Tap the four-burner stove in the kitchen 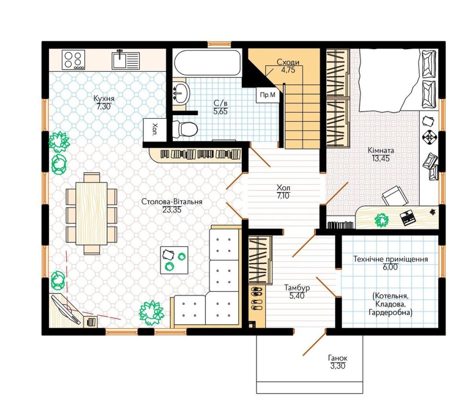(74, 60)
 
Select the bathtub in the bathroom (207, 63)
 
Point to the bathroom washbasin (181, 93)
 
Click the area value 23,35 (172, 210)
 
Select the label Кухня (104, 98)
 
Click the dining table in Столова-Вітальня (91, 213)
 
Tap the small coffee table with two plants (174, 260)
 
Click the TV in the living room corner (66, 310)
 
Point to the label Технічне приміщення (391, 259)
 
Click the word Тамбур (297, 288)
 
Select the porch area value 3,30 (338, 366)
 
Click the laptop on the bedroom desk (408, 218)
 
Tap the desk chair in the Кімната (395, 196)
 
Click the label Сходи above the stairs (288, 62)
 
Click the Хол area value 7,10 (283, 195)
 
